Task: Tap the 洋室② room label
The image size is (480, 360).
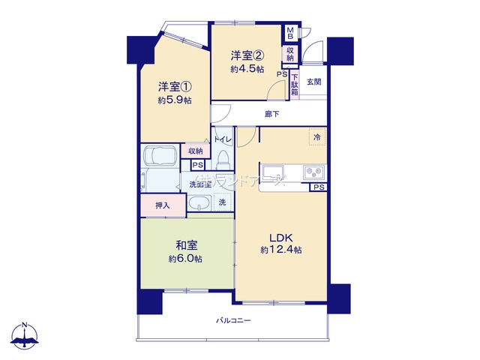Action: pyautogui.click(x=247, y=55)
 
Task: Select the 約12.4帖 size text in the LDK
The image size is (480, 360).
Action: pyautogui.click(x=281, y=250)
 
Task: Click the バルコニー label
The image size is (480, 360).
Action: pyautogui.click(x=233, y=320)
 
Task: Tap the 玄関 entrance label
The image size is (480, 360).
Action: pyautogui.click(x=314, y=81)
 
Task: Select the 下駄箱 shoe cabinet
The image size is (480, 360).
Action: pyautogui.click(x=295, y=83)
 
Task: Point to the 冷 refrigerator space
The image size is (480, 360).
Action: pyautogui.click(x=316, y=137)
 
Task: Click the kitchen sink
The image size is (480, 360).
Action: pyautogui.click(x=271, y=172)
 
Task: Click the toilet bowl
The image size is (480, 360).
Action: pyautogui.click(x=223, y=162)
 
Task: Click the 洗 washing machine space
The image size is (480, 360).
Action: pyautogui.click(x=222, y=202)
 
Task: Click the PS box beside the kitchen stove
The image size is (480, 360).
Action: pyautogui.click(x=319, y=188)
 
